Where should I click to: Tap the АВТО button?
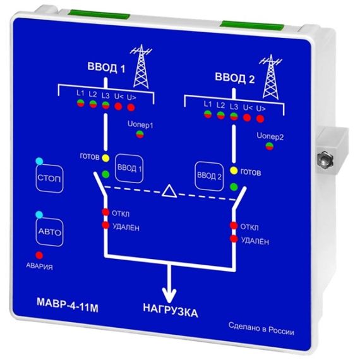pyautogui.click(x=50, y=232)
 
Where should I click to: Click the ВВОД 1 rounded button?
pyautogui.click(x=129, y=169)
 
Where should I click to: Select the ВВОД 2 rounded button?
pyautogui.click(x=209, y=176)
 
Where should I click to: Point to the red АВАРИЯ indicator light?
pyautogui.click(x=39, y=255)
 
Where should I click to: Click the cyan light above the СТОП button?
pyautogui.click(x=39, y=161)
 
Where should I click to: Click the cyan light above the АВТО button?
pyautogui.click(x=39, y=215)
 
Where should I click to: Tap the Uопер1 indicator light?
pyautogui.click(x=140, y=135)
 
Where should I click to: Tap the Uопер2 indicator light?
pyautogui.click(x=270, y=146)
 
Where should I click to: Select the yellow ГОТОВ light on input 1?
pyautogui.click(x=105, y=158)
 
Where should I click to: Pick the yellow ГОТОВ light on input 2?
pyautogui.click(x=234, y=171)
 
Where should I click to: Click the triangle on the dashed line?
pyautogui.click(x=169, y=191)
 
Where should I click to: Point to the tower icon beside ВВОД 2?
pyautogui.click(x=271, y=77)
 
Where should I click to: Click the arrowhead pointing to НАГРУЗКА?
pyautogui.click(x=169, y=296)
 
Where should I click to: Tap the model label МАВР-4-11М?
pyautogui.click(x=68, y=308)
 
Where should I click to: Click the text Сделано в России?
pyautogui.click(x=261, y=329)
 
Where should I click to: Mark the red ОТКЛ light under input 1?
pyautogui.click(x=105, y=212)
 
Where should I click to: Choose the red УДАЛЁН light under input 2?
pyautogui.click(x=234, y=239)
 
